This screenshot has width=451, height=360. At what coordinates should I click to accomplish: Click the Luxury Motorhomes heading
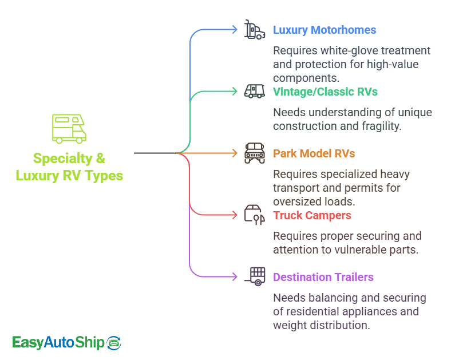click(x=325, y=30)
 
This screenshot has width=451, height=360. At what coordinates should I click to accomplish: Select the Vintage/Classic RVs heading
click(x=325, y=92)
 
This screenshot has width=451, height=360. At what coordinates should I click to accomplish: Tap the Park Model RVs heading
click(x=314, y=153)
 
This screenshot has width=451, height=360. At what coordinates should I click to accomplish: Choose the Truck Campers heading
click(x=312, y=215)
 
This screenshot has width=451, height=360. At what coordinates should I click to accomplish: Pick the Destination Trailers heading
click(x=323, y=277)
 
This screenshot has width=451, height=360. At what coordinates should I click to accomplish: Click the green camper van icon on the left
click(x=69, y=129)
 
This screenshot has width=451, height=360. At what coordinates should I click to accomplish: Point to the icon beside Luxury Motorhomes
click(x=255, y=30)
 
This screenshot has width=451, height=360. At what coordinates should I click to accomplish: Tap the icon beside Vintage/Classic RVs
click(x=255, y=92)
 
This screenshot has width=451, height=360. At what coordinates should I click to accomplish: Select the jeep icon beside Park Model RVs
click(x=255, y=153)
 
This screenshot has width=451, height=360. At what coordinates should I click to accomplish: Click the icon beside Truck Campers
click(x=255, y=214)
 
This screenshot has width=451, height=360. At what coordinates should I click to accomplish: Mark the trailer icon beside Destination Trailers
click(x=255, y=276)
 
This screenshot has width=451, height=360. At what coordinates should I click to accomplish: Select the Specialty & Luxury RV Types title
click(x=69, y=167)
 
